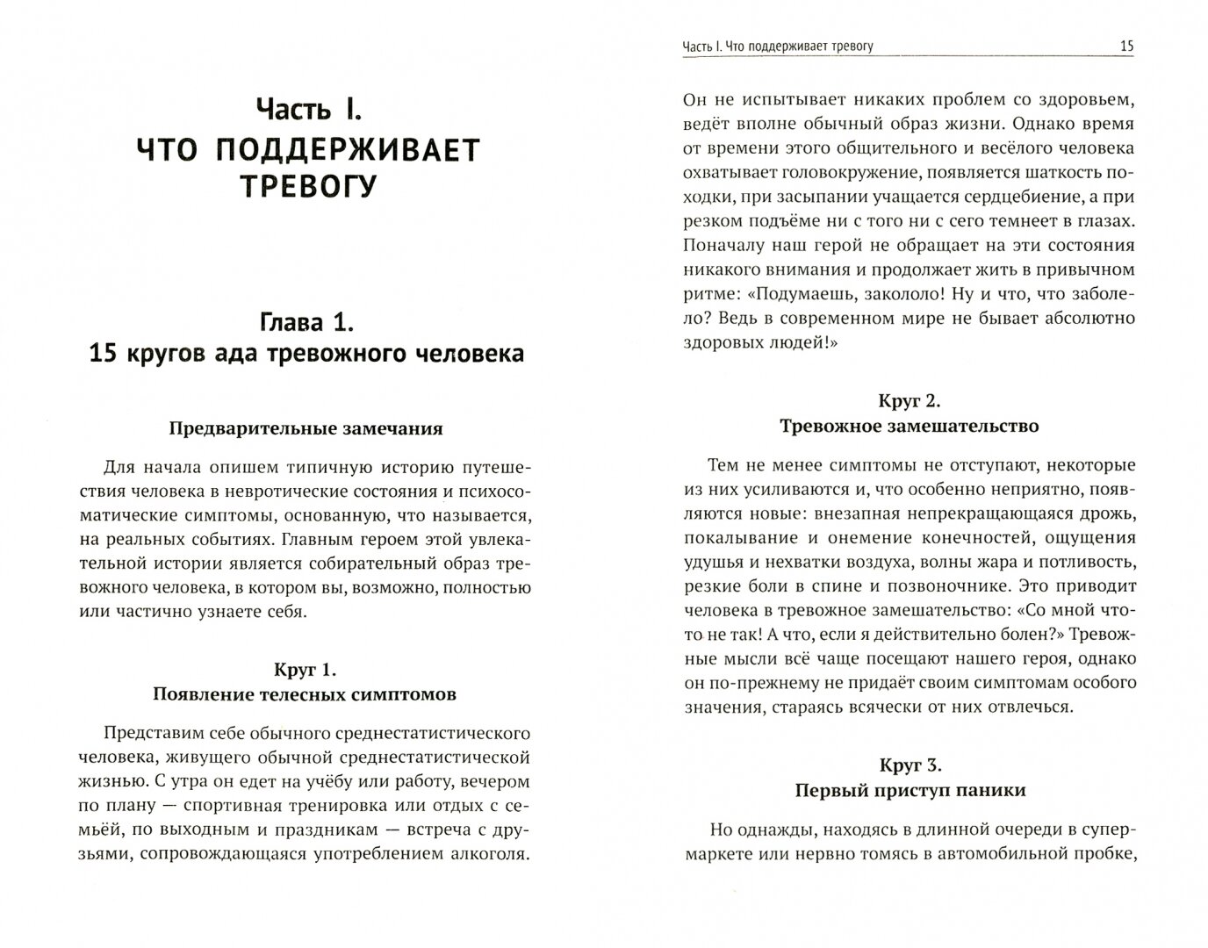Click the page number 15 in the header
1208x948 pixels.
point(1126,47)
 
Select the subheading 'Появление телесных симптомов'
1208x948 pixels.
point(305,694)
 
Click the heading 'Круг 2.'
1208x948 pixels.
point(909,401)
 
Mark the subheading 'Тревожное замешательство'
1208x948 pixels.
point(909,426)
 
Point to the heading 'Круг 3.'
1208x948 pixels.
point(910,765)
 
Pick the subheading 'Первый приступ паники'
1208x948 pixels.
point(910,790)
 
